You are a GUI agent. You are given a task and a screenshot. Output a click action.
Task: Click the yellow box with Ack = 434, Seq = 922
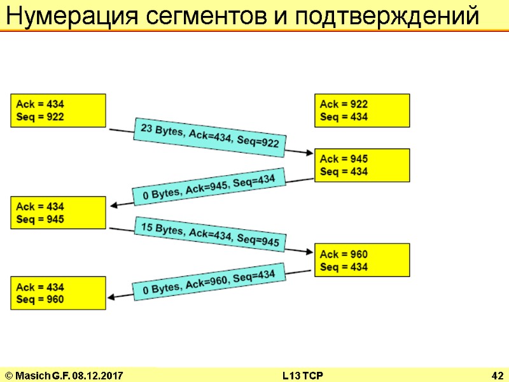click(x=58, y=110)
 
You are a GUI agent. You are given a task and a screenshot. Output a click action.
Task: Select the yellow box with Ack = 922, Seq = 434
click(x=362, y=110)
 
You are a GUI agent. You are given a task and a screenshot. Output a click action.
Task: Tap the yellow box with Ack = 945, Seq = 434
click(x=362, y=165)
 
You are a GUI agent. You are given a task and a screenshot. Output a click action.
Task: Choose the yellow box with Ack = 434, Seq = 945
click(x=58, y=213)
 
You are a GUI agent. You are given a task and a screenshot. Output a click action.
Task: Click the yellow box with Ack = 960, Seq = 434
click(x=362, y=260)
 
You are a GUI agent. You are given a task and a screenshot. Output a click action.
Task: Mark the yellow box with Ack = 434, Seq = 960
click(x=58, y=293)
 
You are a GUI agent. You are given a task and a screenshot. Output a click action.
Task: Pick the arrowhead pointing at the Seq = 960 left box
click(x=113, y=296)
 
